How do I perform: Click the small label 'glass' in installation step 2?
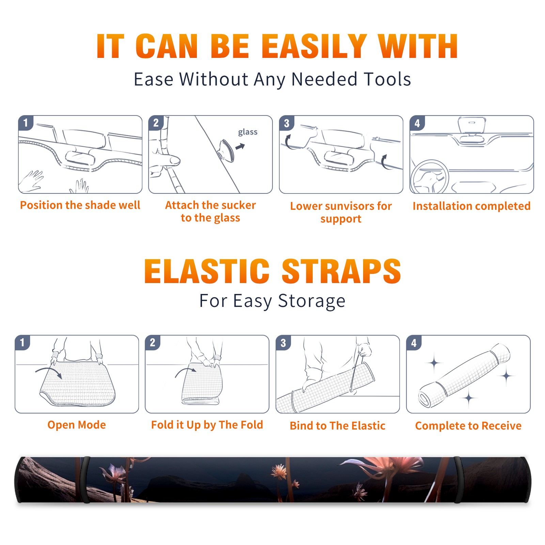[x=248, y=132]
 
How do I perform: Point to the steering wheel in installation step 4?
[x=430, y=177]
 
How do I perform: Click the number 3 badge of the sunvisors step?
[x=286, y=123]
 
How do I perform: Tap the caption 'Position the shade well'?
[x=80, y=205]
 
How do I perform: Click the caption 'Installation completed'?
[x=471, y=206]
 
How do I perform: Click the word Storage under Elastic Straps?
[x=312, y=301]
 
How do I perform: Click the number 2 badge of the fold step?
[x=153, y=342]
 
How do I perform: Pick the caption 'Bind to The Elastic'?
[x=337, y=425]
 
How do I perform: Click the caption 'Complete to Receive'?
[x=468, y=426]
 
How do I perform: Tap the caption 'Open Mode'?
[x=77, y=425]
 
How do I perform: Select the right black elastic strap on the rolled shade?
[x=458, y=480]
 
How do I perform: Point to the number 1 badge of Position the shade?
[x=26, y=123]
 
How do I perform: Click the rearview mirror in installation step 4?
[x=472, y=125]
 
